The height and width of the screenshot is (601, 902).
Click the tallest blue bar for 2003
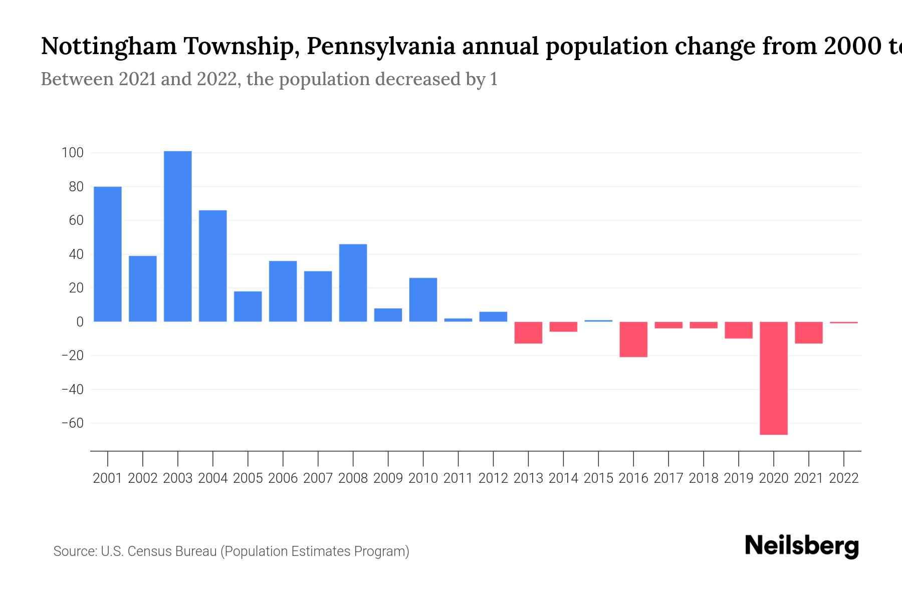click(177, 236)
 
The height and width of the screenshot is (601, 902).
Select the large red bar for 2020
click(774, 378)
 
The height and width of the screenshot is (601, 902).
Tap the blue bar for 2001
click(108, 254)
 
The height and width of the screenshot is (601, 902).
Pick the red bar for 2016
click(633, 339)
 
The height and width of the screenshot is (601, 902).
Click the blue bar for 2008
click(353, 282)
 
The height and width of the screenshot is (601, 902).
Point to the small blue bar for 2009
click(388, 315)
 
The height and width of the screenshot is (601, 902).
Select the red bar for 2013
click(528, 333)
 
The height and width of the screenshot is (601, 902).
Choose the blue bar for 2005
click(248, 307)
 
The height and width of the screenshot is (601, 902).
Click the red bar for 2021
click(808, 333)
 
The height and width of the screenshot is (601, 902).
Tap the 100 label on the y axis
click(72, 153)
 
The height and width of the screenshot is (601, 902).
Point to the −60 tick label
click(72, 423)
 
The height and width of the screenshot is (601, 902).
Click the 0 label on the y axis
click(79, 322)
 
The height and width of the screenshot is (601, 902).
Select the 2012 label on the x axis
click(493, 478)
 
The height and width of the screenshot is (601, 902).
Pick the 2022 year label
click(844, 478)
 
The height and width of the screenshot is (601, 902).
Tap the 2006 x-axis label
click(283, 478)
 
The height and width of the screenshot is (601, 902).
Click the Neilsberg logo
click(802, 546)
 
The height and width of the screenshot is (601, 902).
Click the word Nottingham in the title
click(109, 47)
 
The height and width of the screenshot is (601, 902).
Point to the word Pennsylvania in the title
click(381, 47)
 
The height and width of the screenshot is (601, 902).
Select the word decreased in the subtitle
click(418, 79)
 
